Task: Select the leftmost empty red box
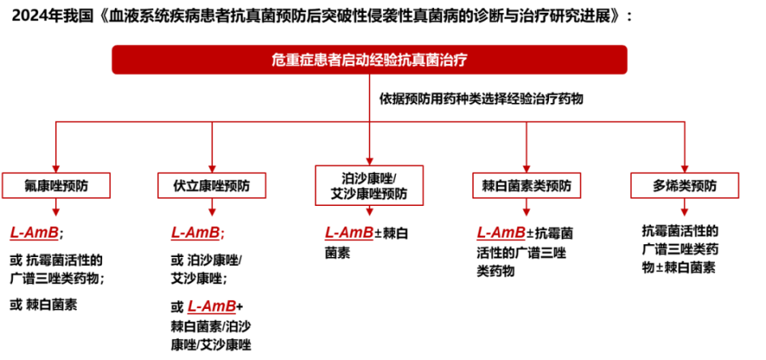coord(56,185)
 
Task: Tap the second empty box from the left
coord(211,185)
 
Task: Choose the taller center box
coord(369,185)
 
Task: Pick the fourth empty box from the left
coord(527,185)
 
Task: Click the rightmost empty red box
coord(685,185)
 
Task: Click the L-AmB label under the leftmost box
coord(34,232)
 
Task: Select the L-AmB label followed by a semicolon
coord(197,232)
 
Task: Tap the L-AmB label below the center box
coord(349,232)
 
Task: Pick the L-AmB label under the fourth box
coord(501,232)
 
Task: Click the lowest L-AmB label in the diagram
coord(211,307)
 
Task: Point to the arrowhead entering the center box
coord(369,161)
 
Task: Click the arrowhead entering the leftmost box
coord(56,168)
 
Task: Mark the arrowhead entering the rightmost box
coord(685,168)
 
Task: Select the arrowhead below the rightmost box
coord(685,212)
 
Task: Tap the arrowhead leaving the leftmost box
coord(56,212)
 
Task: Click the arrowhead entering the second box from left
coord(212,168)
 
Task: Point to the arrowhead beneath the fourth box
coord(527,212)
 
